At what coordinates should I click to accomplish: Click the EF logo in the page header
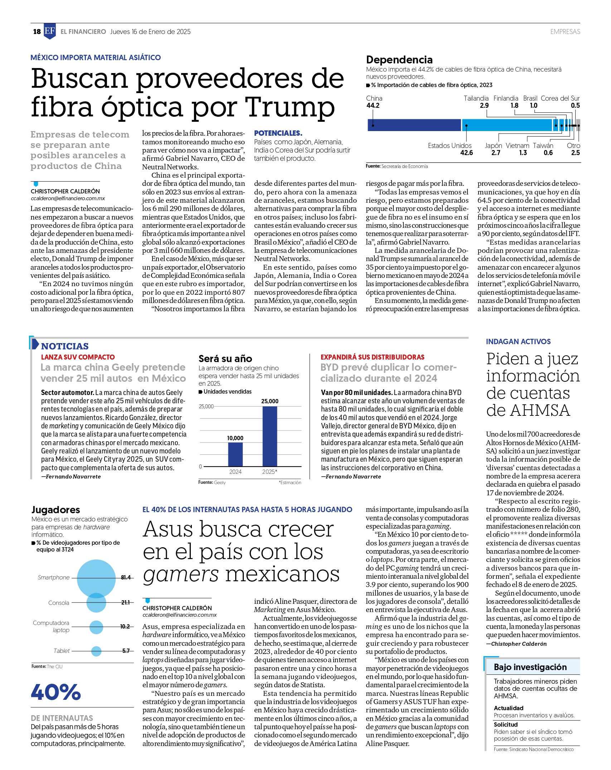(50, 31)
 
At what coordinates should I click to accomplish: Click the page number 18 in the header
(37, 32)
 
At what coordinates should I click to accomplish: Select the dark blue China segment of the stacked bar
(414, 125)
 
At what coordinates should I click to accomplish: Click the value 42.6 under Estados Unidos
(466, 153)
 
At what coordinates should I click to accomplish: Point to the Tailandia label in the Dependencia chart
(476, 98)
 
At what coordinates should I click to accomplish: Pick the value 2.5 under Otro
(575, 153)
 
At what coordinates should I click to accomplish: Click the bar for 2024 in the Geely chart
(235, 454)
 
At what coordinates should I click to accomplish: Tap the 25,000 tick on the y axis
(206, 406)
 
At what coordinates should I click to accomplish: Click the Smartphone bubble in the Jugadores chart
(96, 578)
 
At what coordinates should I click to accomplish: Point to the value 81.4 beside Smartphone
(126, 577)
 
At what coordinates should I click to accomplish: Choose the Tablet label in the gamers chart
(62, 651)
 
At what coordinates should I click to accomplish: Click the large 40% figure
(56, 692)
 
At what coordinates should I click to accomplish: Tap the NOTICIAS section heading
(65, 346)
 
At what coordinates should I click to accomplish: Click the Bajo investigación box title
(530, 667)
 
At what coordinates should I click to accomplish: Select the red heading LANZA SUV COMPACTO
(78, 357)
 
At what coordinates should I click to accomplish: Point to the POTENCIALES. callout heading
(278, 133)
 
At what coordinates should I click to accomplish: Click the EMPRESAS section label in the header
(565, 32)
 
